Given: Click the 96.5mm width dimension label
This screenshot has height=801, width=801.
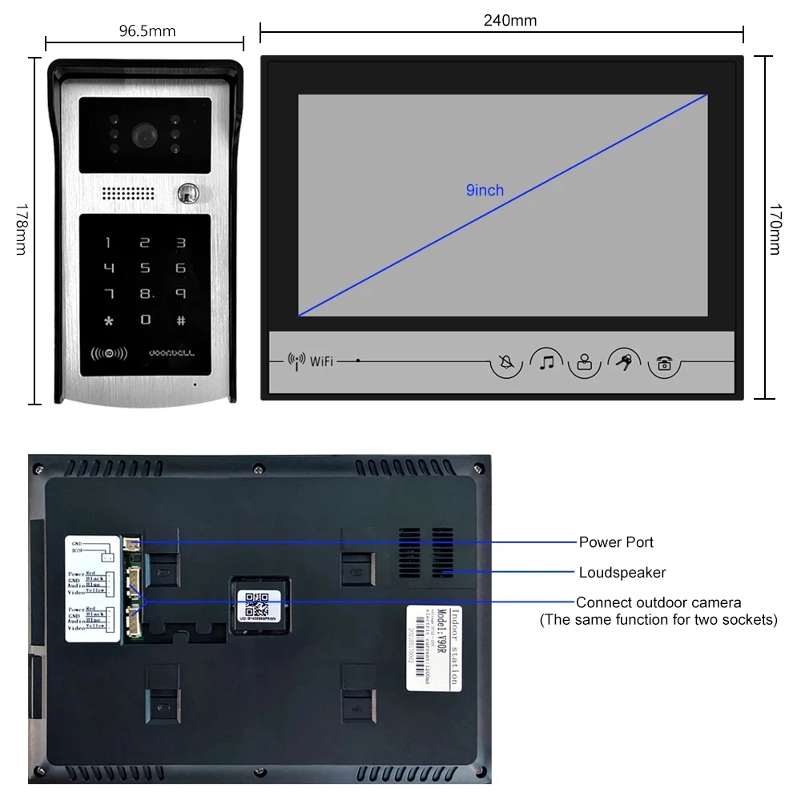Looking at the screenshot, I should tap(147, 31).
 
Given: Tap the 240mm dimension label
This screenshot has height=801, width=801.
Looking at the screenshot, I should tap(509, 20).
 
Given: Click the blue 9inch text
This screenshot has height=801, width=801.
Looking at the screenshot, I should tap(485, 190).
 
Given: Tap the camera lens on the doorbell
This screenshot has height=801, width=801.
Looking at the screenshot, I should tap(145, 134).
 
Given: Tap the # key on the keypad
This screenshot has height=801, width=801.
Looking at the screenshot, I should tap(181, 320).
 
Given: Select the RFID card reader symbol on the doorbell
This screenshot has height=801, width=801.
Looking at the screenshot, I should tap(104, 352).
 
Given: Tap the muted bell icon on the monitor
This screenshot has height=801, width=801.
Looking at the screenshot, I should tap(506, 363).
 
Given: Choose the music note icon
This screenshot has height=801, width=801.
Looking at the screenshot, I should tap(546, 362).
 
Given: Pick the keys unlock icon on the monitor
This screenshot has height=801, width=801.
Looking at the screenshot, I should tap(623, 362).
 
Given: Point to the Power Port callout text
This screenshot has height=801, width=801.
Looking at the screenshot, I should tap(616, 542).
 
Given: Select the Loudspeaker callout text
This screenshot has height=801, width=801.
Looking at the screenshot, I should tap(622, 572).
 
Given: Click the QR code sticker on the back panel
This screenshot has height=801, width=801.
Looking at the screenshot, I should tap(259, 602).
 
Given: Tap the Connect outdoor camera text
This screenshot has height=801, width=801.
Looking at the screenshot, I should tap(658, 602).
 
